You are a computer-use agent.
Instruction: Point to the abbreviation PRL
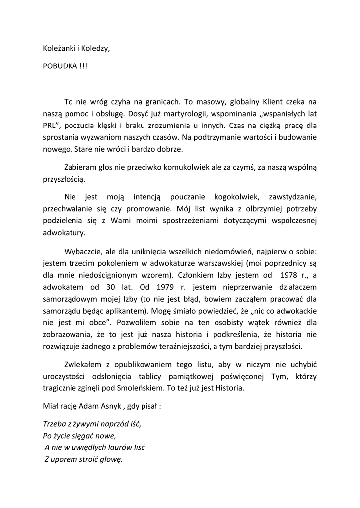[x=51, y=125]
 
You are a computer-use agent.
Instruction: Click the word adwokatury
[x=64, y=232]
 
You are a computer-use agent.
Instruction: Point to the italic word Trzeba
[x=54, y=425]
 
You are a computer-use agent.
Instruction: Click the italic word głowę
[x=110, y=460]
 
